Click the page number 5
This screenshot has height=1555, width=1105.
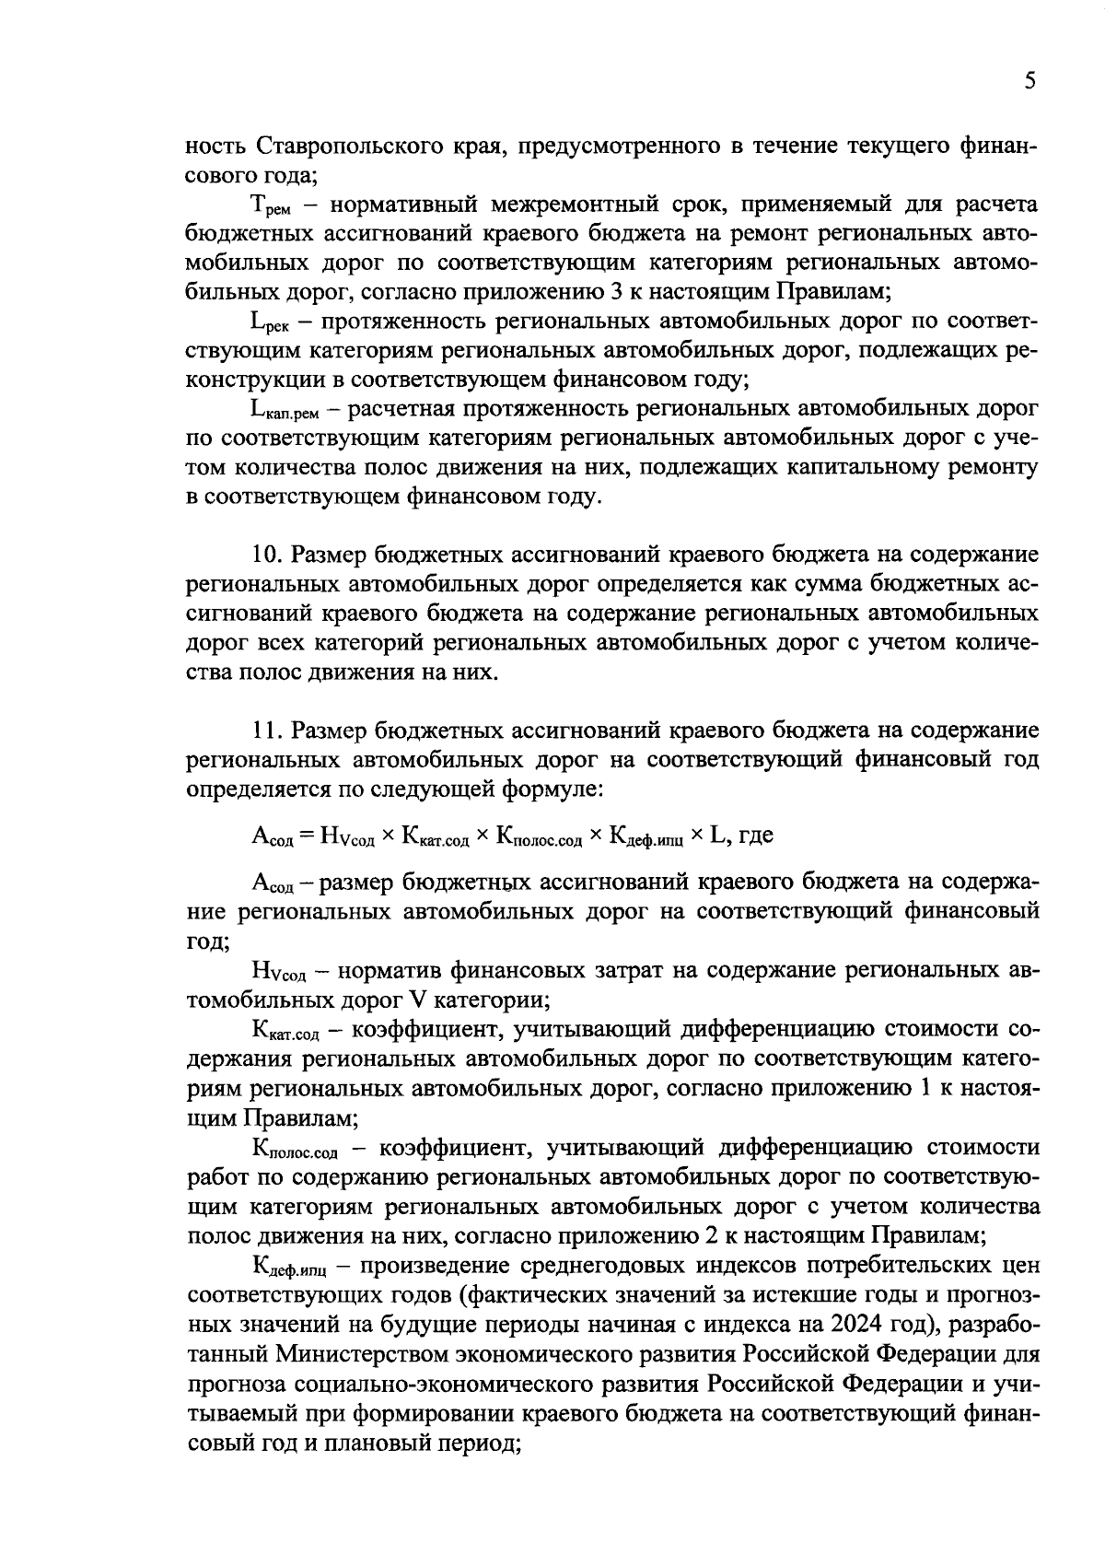1029,82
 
